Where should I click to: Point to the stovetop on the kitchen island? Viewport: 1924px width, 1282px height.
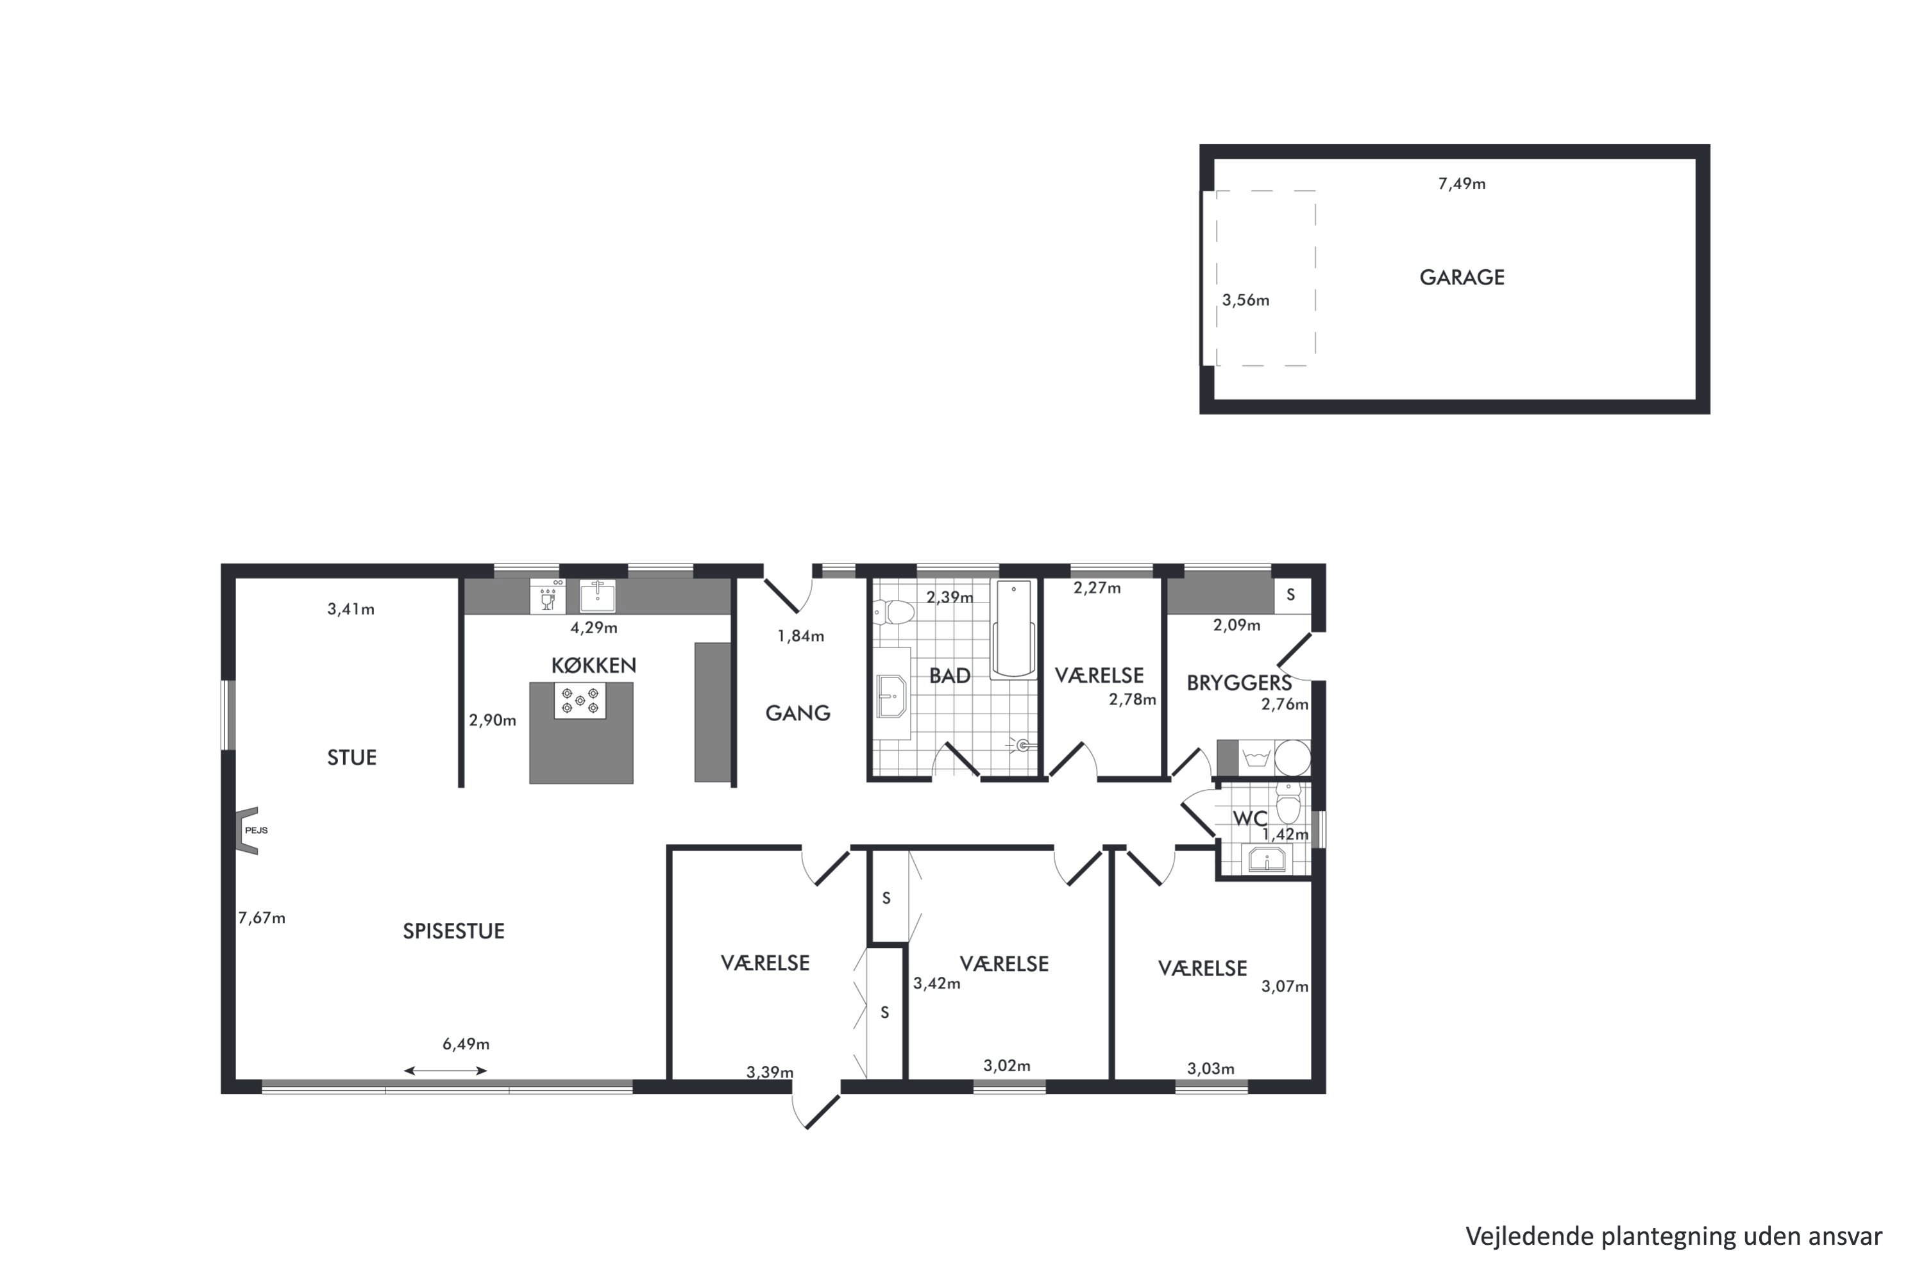coord(580,701)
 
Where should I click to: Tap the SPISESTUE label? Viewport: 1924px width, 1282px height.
coord(453,931)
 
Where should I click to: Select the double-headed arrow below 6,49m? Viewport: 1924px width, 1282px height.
coord(445,1070)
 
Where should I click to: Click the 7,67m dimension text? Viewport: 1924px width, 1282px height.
coord(262,918)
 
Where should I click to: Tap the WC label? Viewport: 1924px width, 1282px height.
coord(1250,819)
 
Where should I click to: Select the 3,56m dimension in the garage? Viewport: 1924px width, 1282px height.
coord(1246,300)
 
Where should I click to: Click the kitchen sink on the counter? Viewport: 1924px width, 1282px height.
coord(597,596)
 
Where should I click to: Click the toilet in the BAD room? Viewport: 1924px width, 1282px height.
coord(893,612)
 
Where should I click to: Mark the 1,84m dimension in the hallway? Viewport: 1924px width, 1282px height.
coord(801,635)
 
